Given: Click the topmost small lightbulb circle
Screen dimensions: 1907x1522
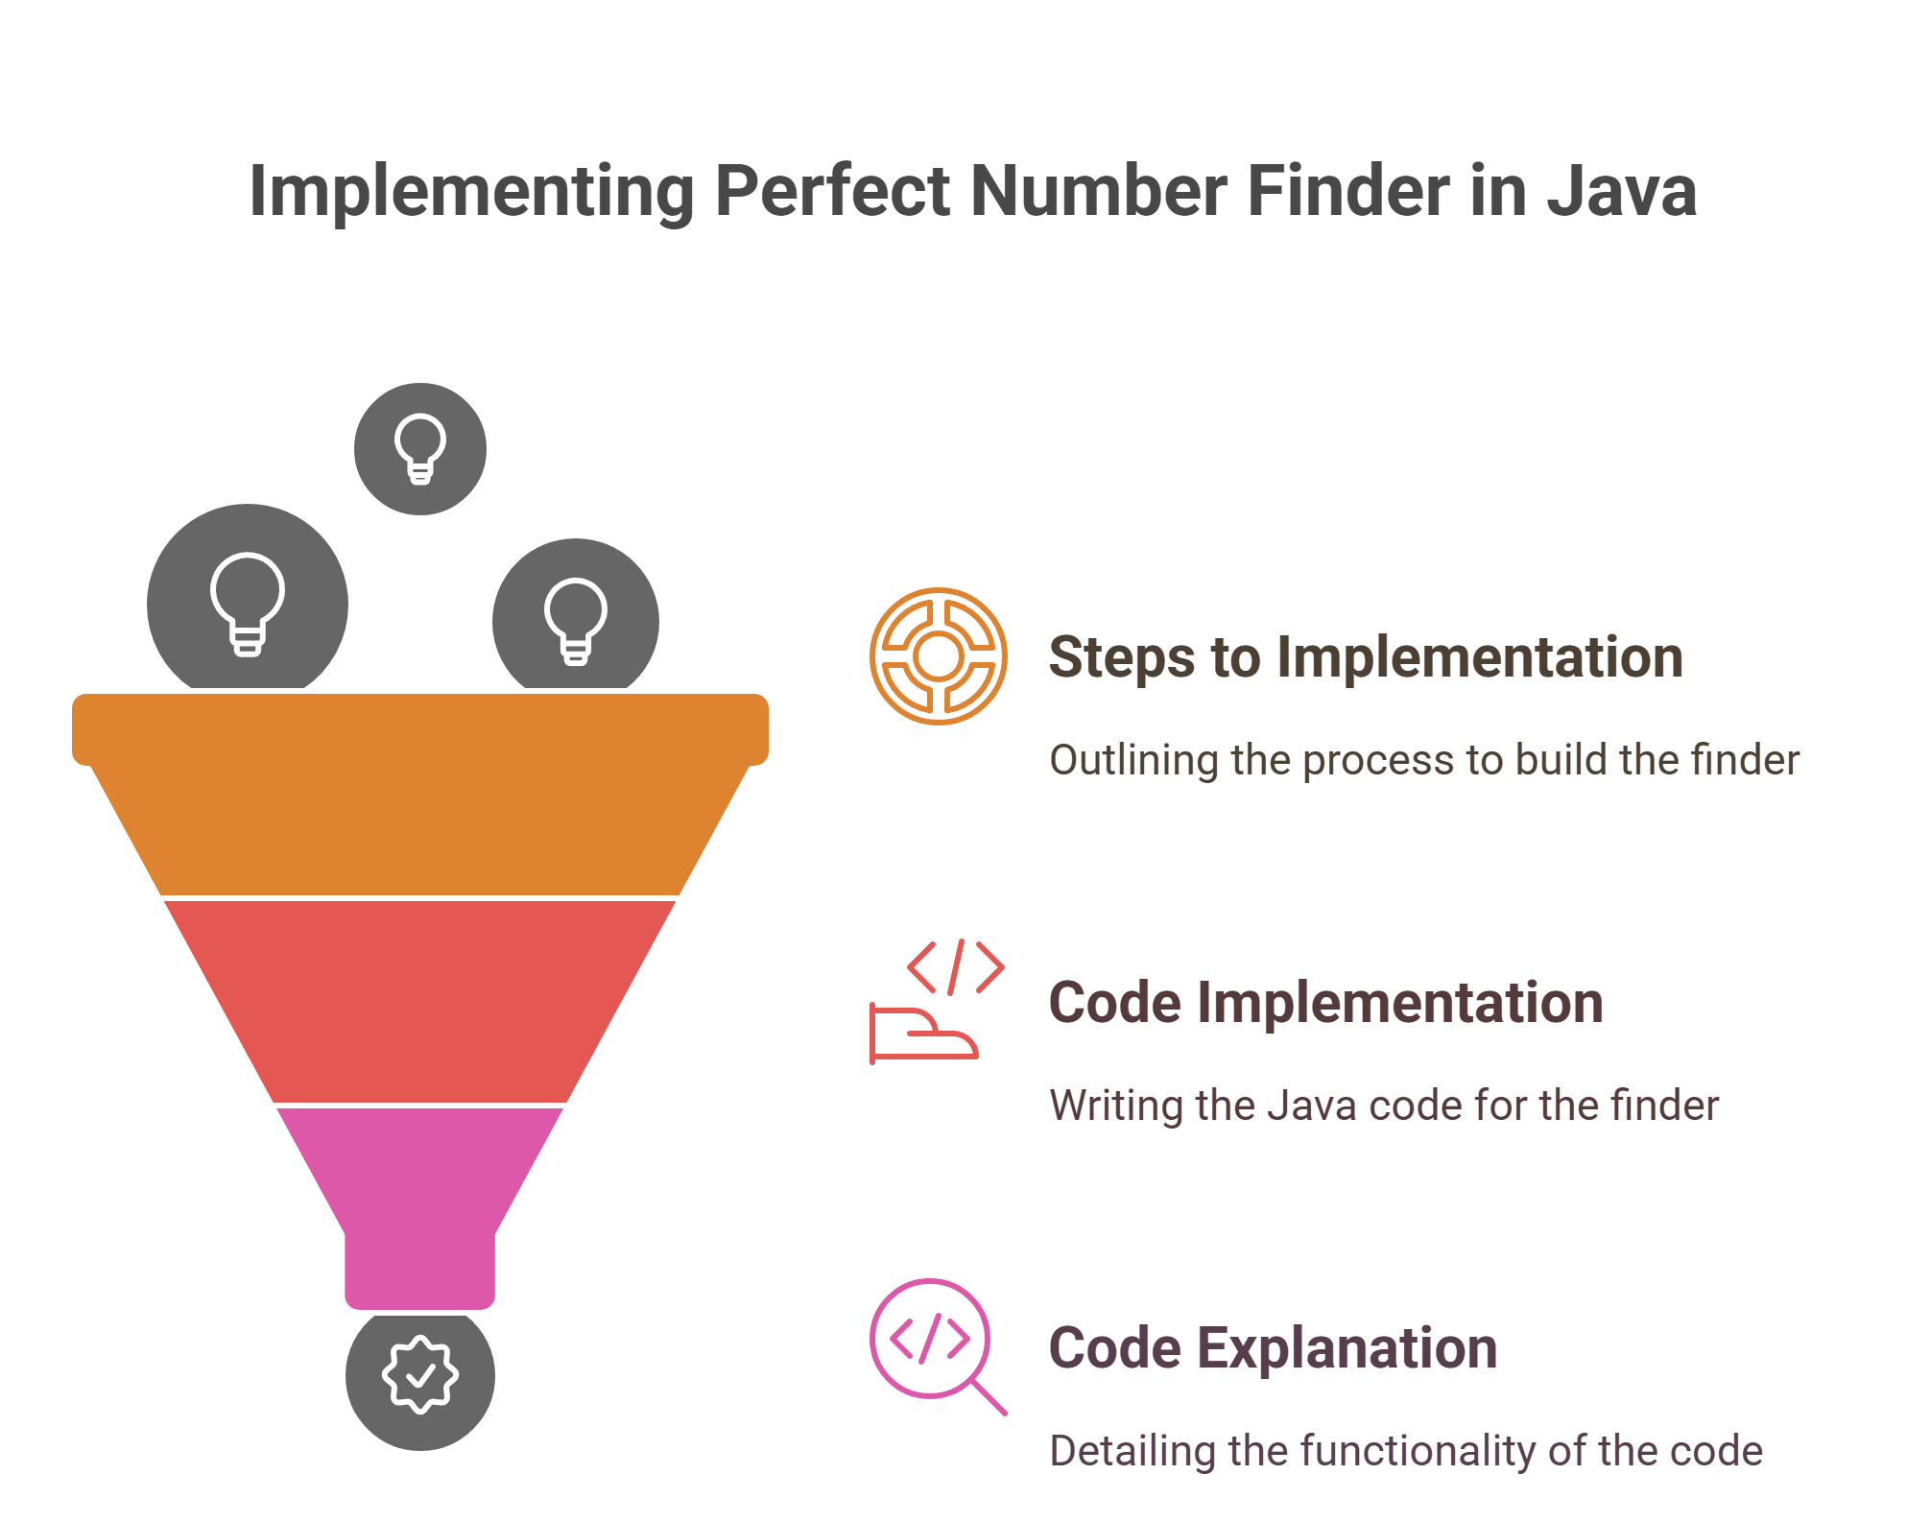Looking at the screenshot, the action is click(420, 449).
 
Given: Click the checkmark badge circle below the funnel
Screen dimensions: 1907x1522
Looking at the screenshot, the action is click(420, 1376).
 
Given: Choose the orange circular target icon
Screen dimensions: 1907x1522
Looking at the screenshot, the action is click(939, 656).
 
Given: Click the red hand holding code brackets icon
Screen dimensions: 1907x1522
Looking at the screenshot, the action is click(937, 1002).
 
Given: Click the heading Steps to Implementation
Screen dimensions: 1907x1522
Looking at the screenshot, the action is click(1366, 657).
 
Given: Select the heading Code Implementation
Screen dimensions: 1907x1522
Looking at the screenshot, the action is click(1325, 1003).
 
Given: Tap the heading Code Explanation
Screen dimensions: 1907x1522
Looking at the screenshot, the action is click(1273, 1348).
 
